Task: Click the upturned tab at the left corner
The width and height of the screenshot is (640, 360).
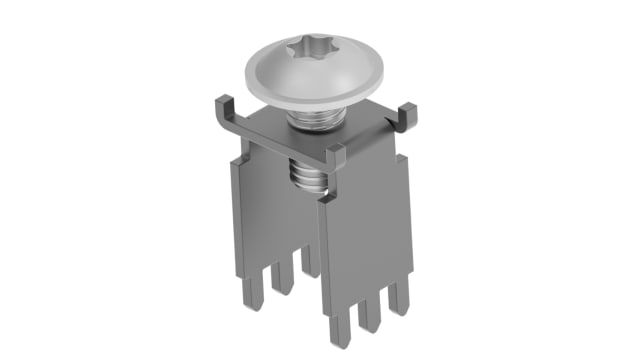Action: click(x=223, y=109)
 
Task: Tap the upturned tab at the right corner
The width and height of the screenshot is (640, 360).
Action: click(x=407, y=118)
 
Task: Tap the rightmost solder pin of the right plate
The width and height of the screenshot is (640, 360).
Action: click(x=400, y=297)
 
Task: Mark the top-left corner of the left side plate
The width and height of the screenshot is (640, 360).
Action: click(x=232, y=161)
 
